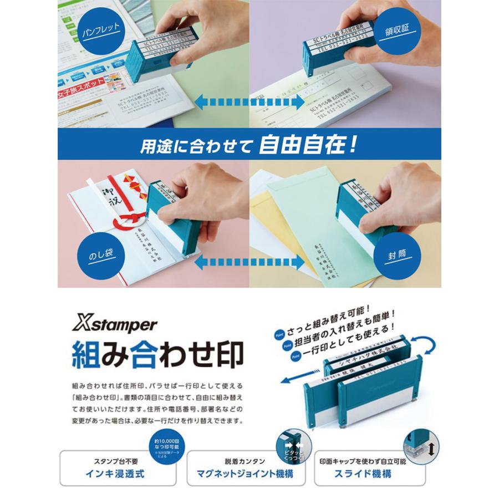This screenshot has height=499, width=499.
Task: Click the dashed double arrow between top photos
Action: point(249,101)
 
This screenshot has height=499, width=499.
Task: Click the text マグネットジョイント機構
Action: point(245,473)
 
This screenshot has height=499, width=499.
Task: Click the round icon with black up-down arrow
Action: point(421,444)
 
